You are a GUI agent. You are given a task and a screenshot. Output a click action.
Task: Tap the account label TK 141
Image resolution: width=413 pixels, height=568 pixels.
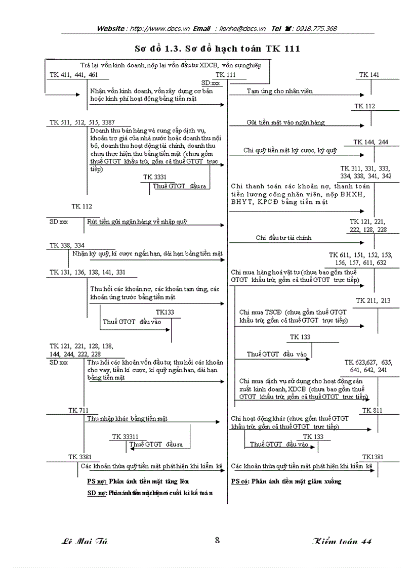click(369, 75)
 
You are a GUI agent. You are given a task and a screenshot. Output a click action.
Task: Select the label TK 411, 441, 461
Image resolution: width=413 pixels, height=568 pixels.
click(73, 75)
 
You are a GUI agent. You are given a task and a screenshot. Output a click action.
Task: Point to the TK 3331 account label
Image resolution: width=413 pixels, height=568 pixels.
click(155, 177)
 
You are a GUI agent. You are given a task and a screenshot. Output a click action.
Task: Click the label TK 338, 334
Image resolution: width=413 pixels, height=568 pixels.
click(67, 245)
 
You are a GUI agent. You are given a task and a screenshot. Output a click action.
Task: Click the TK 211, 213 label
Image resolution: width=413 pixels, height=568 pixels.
click(373, 300)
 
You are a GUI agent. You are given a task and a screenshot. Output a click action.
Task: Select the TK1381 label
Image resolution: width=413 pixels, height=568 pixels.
click(373, 457)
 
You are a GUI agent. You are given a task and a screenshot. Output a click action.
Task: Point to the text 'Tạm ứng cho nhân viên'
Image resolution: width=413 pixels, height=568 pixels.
click(279, 91)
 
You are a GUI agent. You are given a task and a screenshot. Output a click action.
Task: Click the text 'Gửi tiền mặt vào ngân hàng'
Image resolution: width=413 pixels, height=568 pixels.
click(285, 122)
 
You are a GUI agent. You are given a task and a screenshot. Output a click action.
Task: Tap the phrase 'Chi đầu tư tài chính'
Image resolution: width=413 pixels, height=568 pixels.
click(283, 238)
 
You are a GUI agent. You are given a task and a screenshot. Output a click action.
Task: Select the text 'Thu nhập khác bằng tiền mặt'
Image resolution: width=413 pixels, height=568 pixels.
click(127, 419)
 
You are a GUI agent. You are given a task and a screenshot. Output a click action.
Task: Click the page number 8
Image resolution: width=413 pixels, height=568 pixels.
click(217, 540)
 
